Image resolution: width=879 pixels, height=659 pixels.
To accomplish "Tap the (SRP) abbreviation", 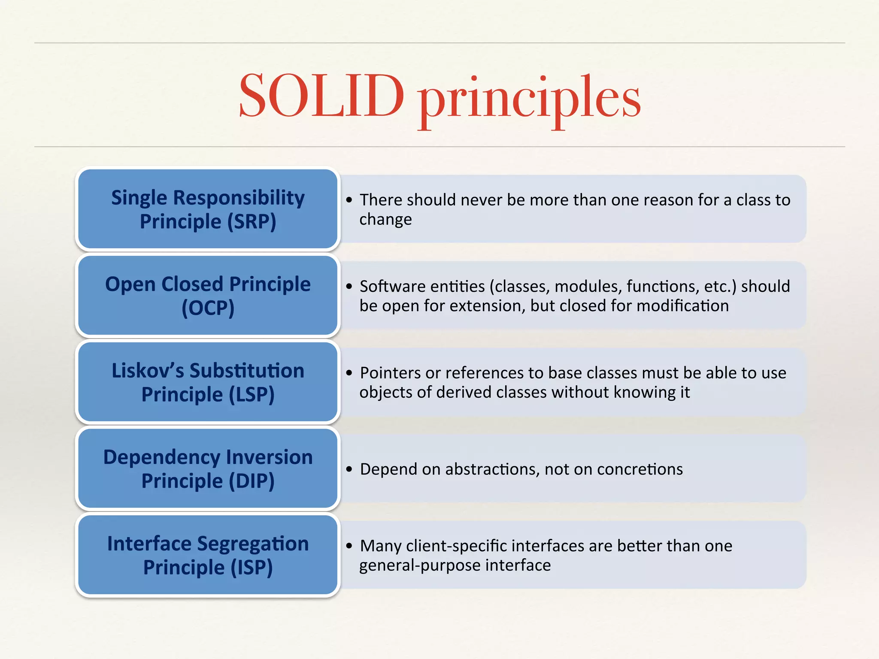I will click(x=252, y=222).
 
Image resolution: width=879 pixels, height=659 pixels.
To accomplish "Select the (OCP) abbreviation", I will click(x=208, y=308).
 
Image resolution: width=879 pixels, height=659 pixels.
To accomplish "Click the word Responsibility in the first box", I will click(x=239, y=198).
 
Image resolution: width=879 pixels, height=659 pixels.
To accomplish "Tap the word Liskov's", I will click(x=148, y=371).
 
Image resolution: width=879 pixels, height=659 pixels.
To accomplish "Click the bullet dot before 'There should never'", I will click(x=349, y=200).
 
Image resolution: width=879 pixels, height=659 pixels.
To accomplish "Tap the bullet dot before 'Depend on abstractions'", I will click(x=349, y=469).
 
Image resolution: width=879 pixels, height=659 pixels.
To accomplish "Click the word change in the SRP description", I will click(x=385, y=220).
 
